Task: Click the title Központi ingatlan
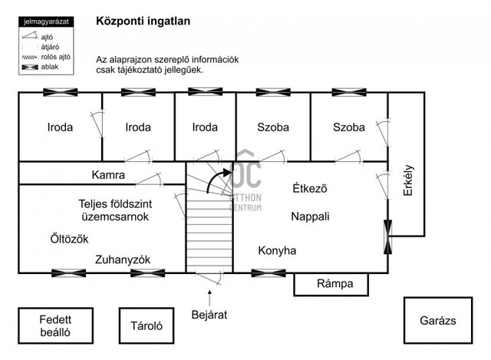(143, 21)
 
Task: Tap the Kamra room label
(108, 175)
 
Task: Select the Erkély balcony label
(408, 180)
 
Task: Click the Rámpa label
(335, 283)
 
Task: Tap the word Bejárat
(209, 315)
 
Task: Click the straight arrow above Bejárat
(209, 298)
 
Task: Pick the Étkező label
(310, 188)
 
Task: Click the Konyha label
(277, 251)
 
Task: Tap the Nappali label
(310, 216)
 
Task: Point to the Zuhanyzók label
(123, 259)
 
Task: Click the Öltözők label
(69, 239)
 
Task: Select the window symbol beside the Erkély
(387, 237)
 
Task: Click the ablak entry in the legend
(40, 67)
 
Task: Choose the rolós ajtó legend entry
(46, 58)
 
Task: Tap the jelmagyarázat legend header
(46, 21)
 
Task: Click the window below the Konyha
(269, 273)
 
